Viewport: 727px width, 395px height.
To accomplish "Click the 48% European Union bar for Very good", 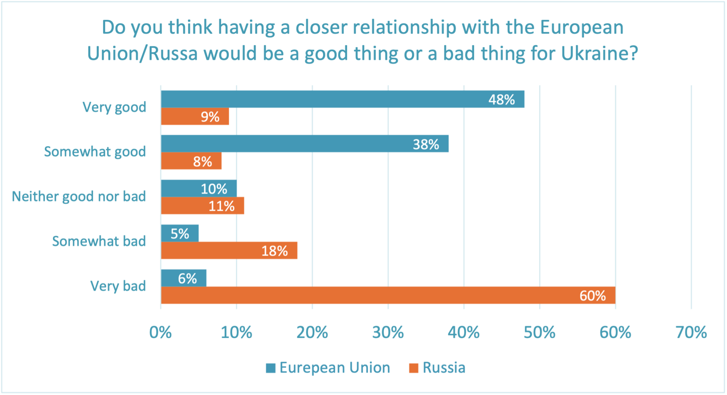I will tap(342, 99).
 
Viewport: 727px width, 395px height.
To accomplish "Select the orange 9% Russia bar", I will tap(195, 116).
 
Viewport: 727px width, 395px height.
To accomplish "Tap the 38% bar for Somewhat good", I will tap(304, 144).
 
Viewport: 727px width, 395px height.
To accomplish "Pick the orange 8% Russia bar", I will tap(191, 161).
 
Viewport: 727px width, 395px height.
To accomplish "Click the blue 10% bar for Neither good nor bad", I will tap(199, 188).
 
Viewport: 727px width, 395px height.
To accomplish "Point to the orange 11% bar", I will tap(202, 206).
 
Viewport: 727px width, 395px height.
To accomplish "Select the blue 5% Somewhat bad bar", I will tap(180, 233).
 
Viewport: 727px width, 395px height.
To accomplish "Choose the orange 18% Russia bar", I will tap(229, 250).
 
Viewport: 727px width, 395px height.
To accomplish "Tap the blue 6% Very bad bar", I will tap(184, 278).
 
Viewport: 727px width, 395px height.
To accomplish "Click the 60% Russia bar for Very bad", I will tap(388, 295).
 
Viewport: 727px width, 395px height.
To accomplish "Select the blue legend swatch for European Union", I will tap(271, 368).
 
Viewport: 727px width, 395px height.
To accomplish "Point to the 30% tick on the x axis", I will tap(388, 333).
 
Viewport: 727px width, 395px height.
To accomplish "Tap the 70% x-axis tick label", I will tap(691, 333).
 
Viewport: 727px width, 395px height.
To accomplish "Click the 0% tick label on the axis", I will tap(160, 333).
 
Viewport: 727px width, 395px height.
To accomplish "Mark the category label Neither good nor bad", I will tap(79, 196).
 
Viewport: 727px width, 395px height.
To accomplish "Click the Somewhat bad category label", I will tap(99, 241).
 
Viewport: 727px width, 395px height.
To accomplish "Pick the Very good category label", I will tap(114, 107).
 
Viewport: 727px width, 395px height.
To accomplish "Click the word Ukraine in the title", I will tap(599, 54).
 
